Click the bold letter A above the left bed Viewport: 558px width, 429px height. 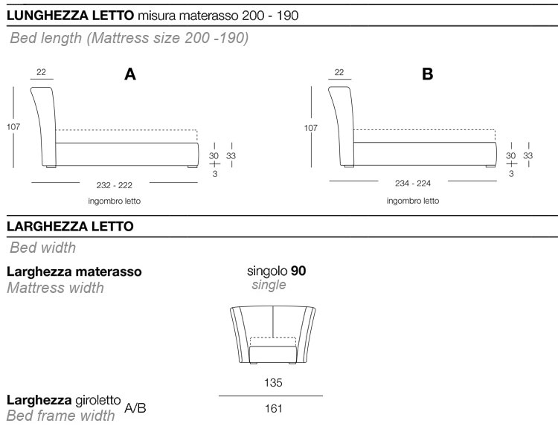pos(130,74)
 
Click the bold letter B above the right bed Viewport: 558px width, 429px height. pos(427,74)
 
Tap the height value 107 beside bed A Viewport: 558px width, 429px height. pos(13,127)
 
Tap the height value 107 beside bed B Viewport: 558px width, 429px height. pos(311,127)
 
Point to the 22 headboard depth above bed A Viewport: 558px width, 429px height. pos(41,72)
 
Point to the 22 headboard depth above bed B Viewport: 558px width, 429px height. pos(339,72)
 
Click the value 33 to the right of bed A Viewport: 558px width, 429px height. pos(231,156)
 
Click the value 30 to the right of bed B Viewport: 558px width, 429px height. pos(511,156)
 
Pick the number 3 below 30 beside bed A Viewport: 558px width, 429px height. pos(214,173)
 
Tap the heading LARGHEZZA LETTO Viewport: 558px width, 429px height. pos(70,226)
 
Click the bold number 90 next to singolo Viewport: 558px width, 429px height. pos(298,271)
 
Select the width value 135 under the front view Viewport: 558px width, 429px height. pos(272,383)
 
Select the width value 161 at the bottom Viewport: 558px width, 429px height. pos(272,407)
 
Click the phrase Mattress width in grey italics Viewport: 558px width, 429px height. pos(55,287)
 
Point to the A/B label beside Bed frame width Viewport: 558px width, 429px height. pos(135,408)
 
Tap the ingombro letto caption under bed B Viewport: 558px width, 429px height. pos(412,201)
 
